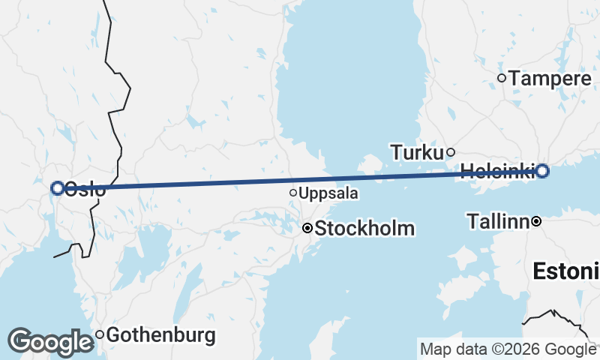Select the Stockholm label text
click(x=364, y=228)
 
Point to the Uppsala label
click(x=328, y=193)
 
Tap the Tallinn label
click(x=498, y=221)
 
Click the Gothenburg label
click(x=160, y=334)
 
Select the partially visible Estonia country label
click(x=566, y=271)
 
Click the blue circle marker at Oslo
click(x=57, y=188)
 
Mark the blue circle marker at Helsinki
click(x=542, y=171)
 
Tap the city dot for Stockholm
click(x=307, y=228)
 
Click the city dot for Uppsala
click(x=293, y=193)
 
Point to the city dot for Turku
click(x=451, y=152)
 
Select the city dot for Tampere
click(x=502, y=78)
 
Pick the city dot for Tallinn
click(x=536, y=221)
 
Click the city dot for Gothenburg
click(x=99, y=334)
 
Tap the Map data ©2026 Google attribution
click(x=508, y=349)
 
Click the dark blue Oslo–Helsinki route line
click(x=300, y=180)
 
